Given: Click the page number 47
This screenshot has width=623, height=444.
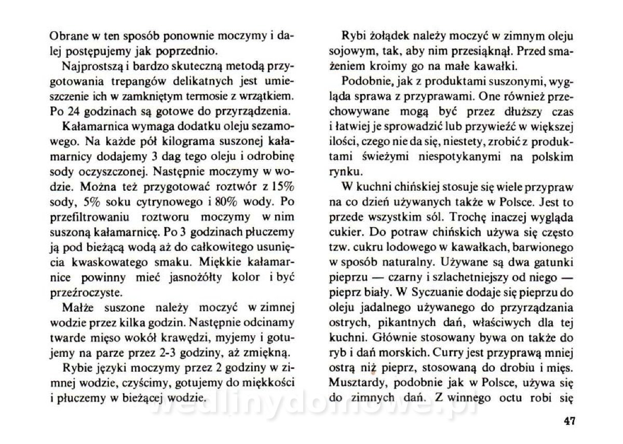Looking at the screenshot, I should tap(568, 421).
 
